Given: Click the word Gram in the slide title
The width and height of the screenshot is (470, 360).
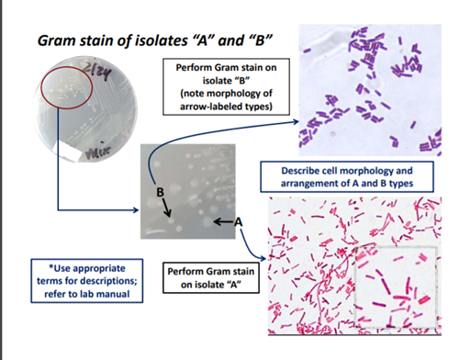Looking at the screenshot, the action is click(57, 40).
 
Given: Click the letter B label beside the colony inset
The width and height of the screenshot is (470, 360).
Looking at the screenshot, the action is click(160, 192).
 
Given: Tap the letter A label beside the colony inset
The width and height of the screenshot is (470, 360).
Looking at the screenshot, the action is click(239, 221).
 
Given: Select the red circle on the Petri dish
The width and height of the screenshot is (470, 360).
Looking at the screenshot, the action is click(67, 87).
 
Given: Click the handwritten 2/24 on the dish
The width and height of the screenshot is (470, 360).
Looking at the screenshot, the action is click(98, 73).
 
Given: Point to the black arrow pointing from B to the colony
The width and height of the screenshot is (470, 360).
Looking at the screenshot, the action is click(167, 208).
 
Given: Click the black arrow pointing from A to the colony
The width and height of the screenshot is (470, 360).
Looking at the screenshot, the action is click(224, 221).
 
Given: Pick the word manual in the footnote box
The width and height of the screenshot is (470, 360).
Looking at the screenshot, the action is click(116, 294).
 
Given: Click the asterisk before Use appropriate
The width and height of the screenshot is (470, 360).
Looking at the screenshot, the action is click(51, 266).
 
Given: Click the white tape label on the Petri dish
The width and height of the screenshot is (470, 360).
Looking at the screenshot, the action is click(73, 151).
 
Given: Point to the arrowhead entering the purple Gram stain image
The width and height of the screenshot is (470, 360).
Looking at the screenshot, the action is click(296, 122).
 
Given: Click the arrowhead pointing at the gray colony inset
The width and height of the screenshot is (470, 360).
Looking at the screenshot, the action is click(136, 209).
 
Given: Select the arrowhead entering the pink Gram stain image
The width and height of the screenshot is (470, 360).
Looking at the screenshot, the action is click(263, 259).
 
